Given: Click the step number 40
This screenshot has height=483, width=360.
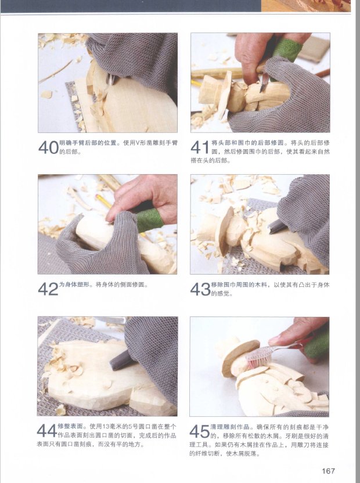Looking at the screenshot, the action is [48, 147].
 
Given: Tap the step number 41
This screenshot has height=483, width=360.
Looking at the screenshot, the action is [201, 147].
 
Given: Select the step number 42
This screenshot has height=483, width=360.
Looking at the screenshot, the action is [48, 289].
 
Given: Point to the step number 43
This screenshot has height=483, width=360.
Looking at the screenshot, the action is [200, 289].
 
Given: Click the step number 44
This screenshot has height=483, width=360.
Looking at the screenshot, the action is [47, 431].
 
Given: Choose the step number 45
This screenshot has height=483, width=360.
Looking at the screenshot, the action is [199, 431].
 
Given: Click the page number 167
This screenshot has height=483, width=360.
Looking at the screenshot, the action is [328, 471].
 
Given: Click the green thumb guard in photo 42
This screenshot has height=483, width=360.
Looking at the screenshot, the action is [149, 219].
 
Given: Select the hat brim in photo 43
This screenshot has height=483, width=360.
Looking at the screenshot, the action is [224, 231].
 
